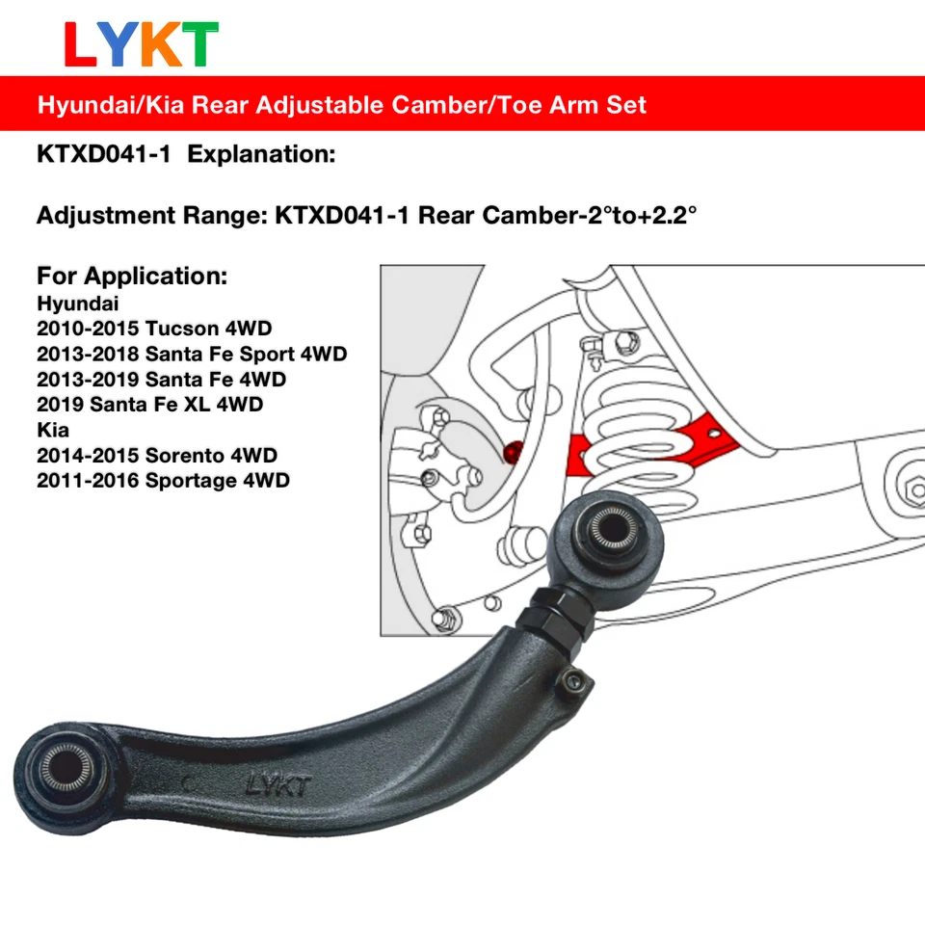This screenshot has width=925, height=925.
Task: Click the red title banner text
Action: (x=342, y=104)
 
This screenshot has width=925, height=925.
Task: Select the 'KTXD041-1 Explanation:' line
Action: (x=186, y=155)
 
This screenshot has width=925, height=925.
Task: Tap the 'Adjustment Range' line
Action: (x=366, y=215)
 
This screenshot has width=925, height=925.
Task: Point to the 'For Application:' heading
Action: (x=132, y=277)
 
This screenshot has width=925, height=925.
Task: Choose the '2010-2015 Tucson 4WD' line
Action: (x=154, y=329)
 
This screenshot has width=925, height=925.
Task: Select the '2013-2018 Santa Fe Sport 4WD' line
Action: (x=192, y=354)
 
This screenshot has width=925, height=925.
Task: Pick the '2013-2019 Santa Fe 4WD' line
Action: (x=161, y=379)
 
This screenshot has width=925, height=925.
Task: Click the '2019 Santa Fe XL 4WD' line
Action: (x=149, y=404)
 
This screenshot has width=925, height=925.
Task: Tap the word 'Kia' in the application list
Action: (x=53, y=429)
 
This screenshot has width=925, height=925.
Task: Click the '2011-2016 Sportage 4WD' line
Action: (x=163, y=480)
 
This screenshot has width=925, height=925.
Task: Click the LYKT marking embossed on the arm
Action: (x=277, y=785)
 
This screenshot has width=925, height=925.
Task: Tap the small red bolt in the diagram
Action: (x=512, y=449)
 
